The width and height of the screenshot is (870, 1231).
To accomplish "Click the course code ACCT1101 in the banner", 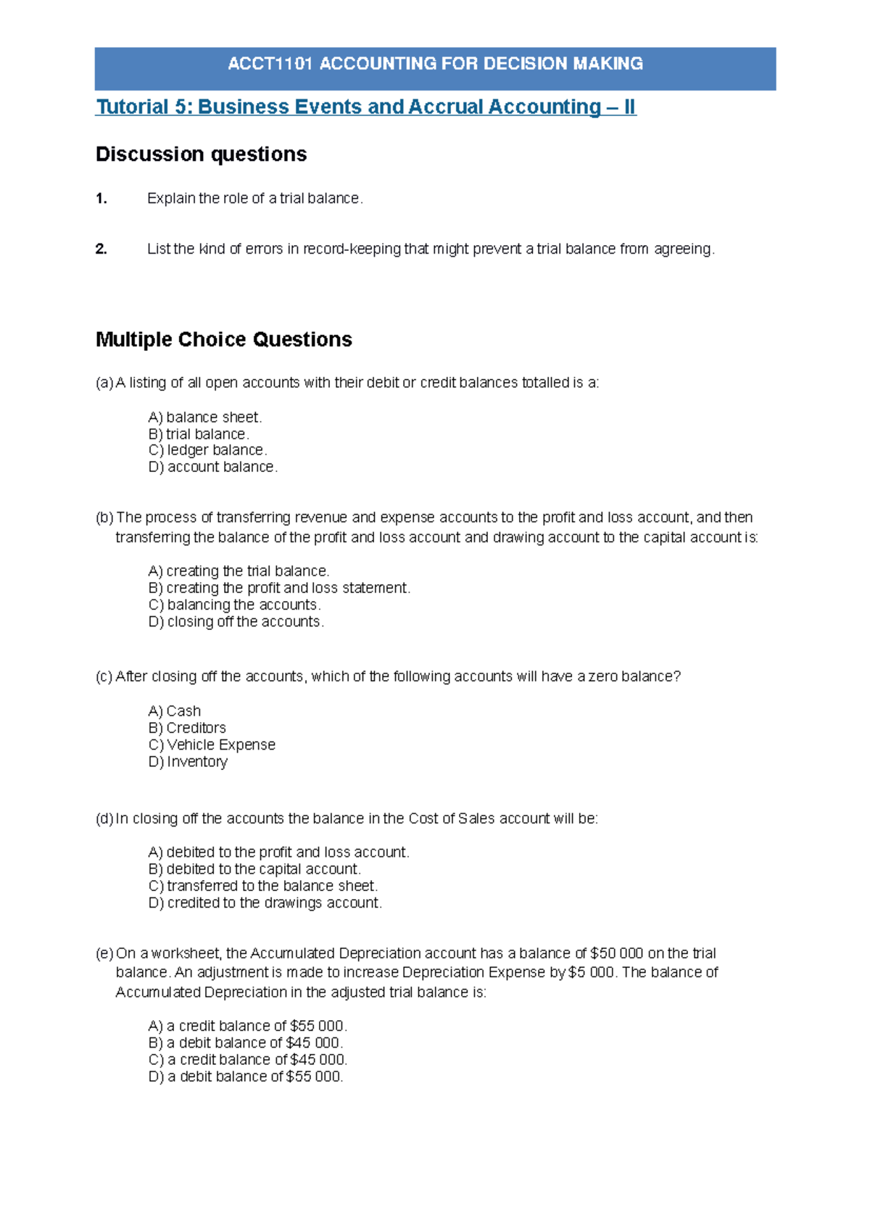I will (270, 64).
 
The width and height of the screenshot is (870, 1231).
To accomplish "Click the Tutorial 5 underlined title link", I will (365, 107).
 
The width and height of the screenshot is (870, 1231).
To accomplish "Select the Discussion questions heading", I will (201, 154).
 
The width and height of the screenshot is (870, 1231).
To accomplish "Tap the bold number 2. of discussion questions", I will (101, 249).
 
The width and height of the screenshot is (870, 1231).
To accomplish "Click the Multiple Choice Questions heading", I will (223, 339).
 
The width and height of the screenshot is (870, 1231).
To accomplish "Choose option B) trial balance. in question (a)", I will (199, 434).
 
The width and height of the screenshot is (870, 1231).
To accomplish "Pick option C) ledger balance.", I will (207, 450).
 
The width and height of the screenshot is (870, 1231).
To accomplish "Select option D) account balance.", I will (212, 468).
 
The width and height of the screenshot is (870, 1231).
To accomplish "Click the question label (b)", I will (104, 518).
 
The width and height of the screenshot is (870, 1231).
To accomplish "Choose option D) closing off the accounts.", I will (236, 622).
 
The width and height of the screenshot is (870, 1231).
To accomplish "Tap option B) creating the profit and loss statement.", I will (279, 588).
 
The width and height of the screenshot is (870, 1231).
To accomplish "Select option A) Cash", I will (174, 711).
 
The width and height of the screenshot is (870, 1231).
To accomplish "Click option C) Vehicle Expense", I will (212, 745).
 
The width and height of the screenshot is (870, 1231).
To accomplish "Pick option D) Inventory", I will (188, 762).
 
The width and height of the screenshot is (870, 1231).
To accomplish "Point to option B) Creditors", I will (187, 728).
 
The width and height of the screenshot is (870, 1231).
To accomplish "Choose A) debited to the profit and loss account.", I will (278, 853).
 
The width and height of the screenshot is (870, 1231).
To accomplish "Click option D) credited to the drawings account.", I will (265, 903).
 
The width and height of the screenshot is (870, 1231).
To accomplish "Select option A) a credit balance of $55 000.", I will (247, 1027).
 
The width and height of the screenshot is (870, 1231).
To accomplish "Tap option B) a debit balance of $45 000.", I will (245, 1043).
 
